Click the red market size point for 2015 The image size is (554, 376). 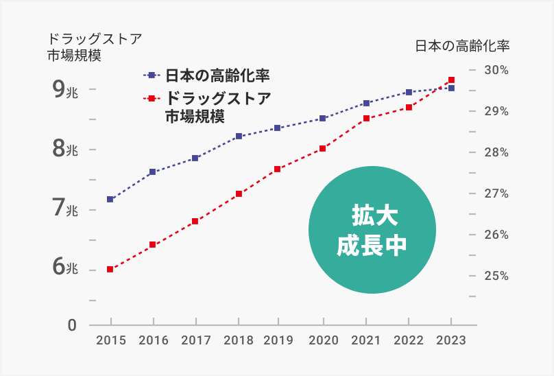tap(110, 270)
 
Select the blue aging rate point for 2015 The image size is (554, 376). tap(110, 200)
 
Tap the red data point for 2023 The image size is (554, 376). tap(451, 80)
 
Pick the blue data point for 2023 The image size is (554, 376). tap(451, 89)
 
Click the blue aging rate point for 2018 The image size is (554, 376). tap(239, 137)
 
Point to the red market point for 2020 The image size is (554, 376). tap(323, 148)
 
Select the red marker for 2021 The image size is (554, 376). tap(366, 119)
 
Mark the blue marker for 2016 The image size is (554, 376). tap(153, 172)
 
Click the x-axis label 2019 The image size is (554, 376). tap(278, 340)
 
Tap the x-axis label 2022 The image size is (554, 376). tap(409, 340)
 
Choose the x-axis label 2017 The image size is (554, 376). tap(196, 340)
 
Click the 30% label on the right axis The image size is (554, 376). tap(496, 70)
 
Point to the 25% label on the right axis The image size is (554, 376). tap(496, 276)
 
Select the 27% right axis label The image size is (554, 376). tap(496, 193)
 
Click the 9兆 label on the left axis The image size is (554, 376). tap(65, 89)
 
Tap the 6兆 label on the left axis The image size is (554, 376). tap(65, 268)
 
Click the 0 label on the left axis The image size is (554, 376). tap(72, 325)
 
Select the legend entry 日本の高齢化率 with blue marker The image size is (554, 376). tap(206, 75)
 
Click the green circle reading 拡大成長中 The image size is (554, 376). tap(372, 231)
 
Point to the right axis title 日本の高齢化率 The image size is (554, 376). tap(463, 47)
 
